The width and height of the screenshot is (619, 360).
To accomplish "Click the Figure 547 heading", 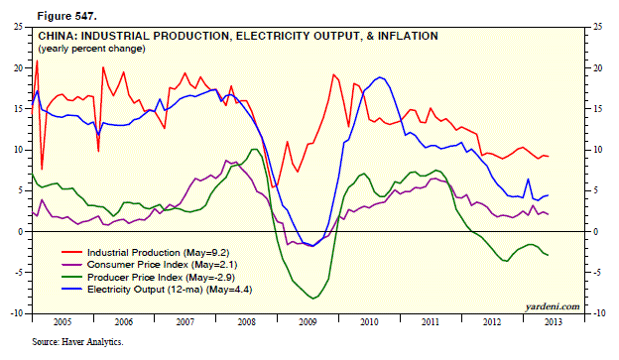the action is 66,16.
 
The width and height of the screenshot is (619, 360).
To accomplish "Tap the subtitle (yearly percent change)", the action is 91,49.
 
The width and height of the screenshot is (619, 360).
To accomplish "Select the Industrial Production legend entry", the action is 145,253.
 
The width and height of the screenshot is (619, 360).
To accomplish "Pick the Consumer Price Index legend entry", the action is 149,265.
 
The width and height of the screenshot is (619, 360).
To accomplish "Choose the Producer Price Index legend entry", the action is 148,277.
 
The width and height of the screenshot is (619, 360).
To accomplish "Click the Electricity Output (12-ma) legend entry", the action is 157,290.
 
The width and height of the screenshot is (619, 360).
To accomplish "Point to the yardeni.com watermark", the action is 553,306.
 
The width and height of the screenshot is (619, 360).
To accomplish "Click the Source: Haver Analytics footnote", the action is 77,342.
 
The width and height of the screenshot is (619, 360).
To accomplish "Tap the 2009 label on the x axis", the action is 308,322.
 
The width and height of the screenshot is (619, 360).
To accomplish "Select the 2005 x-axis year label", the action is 62,322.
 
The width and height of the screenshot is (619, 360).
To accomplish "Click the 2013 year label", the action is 554,322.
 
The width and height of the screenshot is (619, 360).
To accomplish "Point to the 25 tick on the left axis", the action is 18,27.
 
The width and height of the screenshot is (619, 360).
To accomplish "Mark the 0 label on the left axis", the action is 20,232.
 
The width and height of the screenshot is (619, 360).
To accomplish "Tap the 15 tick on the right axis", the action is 598,109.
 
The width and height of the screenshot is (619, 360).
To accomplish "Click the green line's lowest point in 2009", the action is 313,299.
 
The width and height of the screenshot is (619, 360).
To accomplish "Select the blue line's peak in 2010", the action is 380,77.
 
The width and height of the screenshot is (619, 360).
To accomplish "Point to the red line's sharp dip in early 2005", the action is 42,170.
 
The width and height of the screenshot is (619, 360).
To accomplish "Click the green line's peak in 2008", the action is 255,149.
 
